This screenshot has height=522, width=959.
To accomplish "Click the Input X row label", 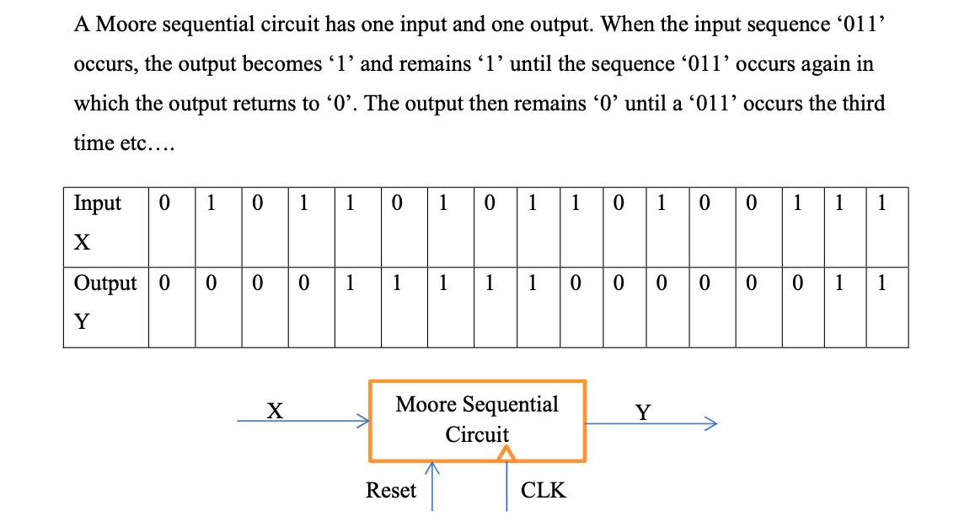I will [97, 221].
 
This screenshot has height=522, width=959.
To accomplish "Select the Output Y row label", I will [104, 301].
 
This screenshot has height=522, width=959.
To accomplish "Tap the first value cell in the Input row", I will [164, 203].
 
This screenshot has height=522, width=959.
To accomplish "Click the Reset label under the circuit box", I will [390, 490].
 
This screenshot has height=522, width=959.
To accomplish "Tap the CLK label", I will [544, 490].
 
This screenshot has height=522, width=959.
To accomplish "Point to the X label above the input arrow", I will [274, 411].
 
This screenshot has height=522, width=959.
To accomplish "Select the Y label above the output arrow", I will [643, 412].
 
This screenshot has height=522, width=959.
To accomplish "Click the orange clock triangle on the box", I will [505, 455].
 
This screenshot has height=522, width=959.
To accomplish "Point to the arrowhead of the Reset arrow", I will [431, 466].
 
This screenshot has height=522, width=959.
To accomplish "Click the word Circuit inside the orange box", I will [477, 434].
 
